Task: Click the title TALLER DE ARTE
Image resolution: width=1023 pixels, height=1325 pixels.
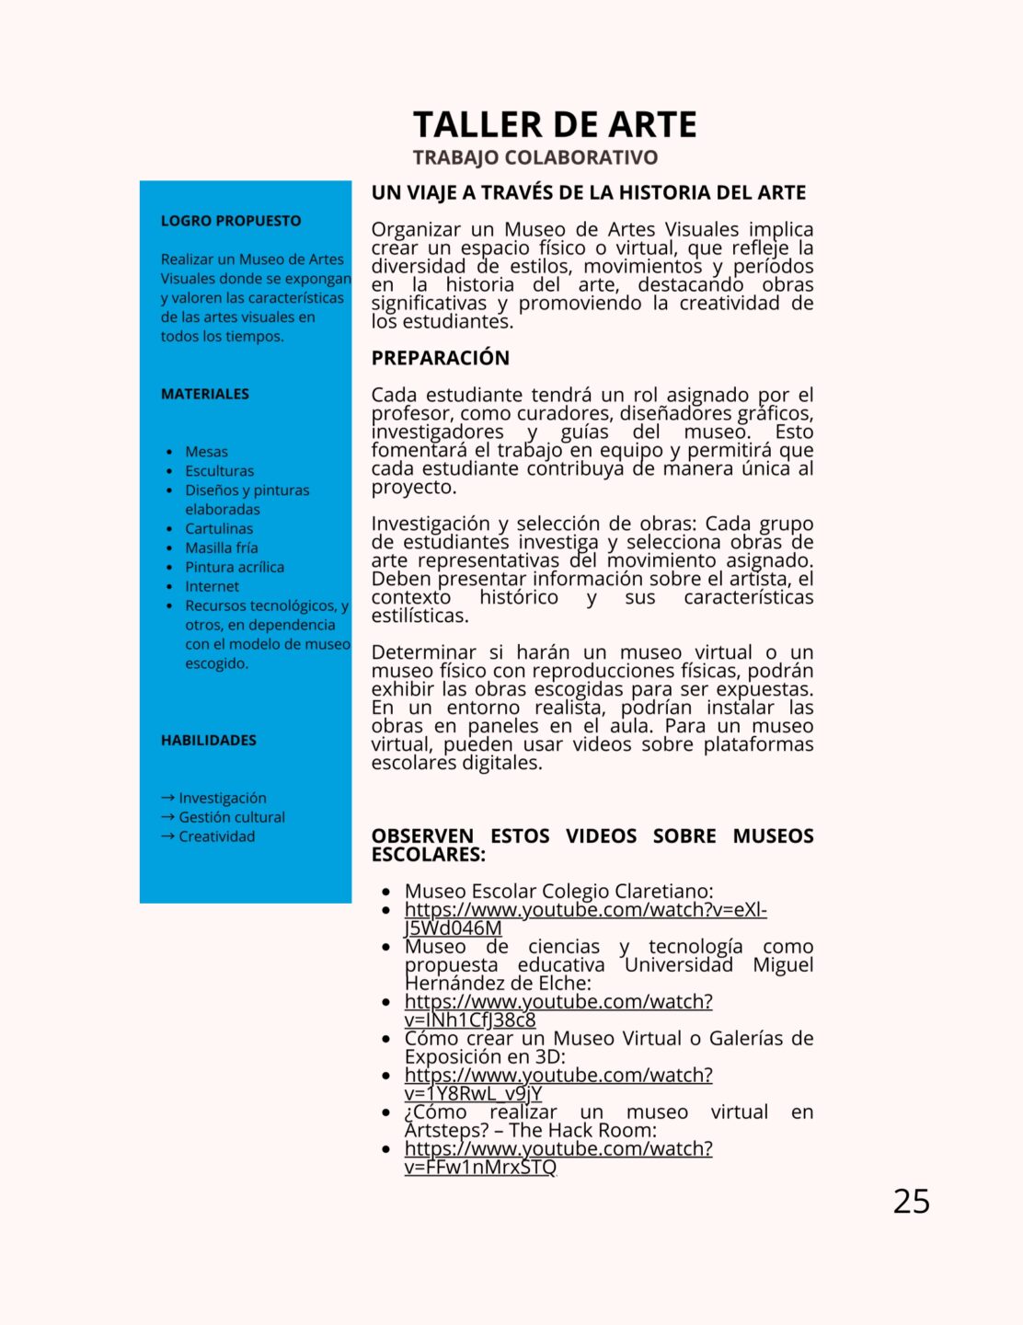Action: coord(555,124)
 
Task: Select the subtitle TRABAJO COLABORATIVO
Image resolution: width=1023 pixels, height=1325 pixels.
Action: coord(534,157)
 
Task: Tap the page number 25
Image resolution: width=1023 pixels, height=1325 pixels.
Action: coord(911,1201)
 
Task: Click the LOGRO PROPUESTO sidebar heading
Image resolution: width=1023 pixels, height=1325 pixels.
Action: coord(231,221)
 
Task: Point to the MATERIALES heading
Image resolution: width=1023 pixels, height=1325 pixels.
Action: coord(205,394)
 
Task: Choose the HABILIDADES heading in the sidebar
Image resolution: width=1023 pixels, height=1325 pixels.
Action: coord(209,740)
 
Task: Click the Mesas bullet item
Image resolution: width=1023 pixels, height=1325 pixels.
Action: coord(206,452)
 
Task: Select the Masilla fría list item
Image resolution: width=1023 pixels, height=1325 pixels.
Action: coord(222,547)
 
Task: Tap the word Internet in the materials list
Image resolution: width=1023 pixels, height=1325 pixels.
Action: coord(212,586)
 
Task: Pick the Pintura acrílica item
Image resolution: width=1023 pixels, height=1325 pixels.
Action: coord(235,567)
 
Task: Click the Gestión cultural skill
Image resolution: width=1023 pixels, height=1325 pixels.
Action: coord(232,817)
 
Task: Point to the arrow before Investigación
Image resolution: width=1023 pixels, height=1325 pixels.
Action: coord(167,798)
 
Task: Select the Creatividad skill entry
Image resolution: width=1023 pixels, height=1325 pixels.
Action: coord(217,836)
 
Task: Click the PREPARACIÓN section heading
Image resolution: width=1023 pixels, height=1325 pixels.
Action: coord(440,358)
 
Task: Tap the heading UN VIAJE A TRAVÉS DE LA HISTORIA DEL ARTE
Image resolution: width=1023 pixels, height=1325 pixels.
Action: coord(588,192)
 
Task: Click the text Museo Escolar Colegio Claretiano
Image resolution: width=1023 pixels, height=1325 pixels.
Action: coord(558,891)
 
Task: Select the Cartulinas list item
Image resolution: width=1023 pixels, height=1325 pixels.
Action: coord(219,528)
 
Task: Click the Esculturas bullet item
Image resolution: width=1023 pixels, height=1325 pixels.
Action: coord(219,471)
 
